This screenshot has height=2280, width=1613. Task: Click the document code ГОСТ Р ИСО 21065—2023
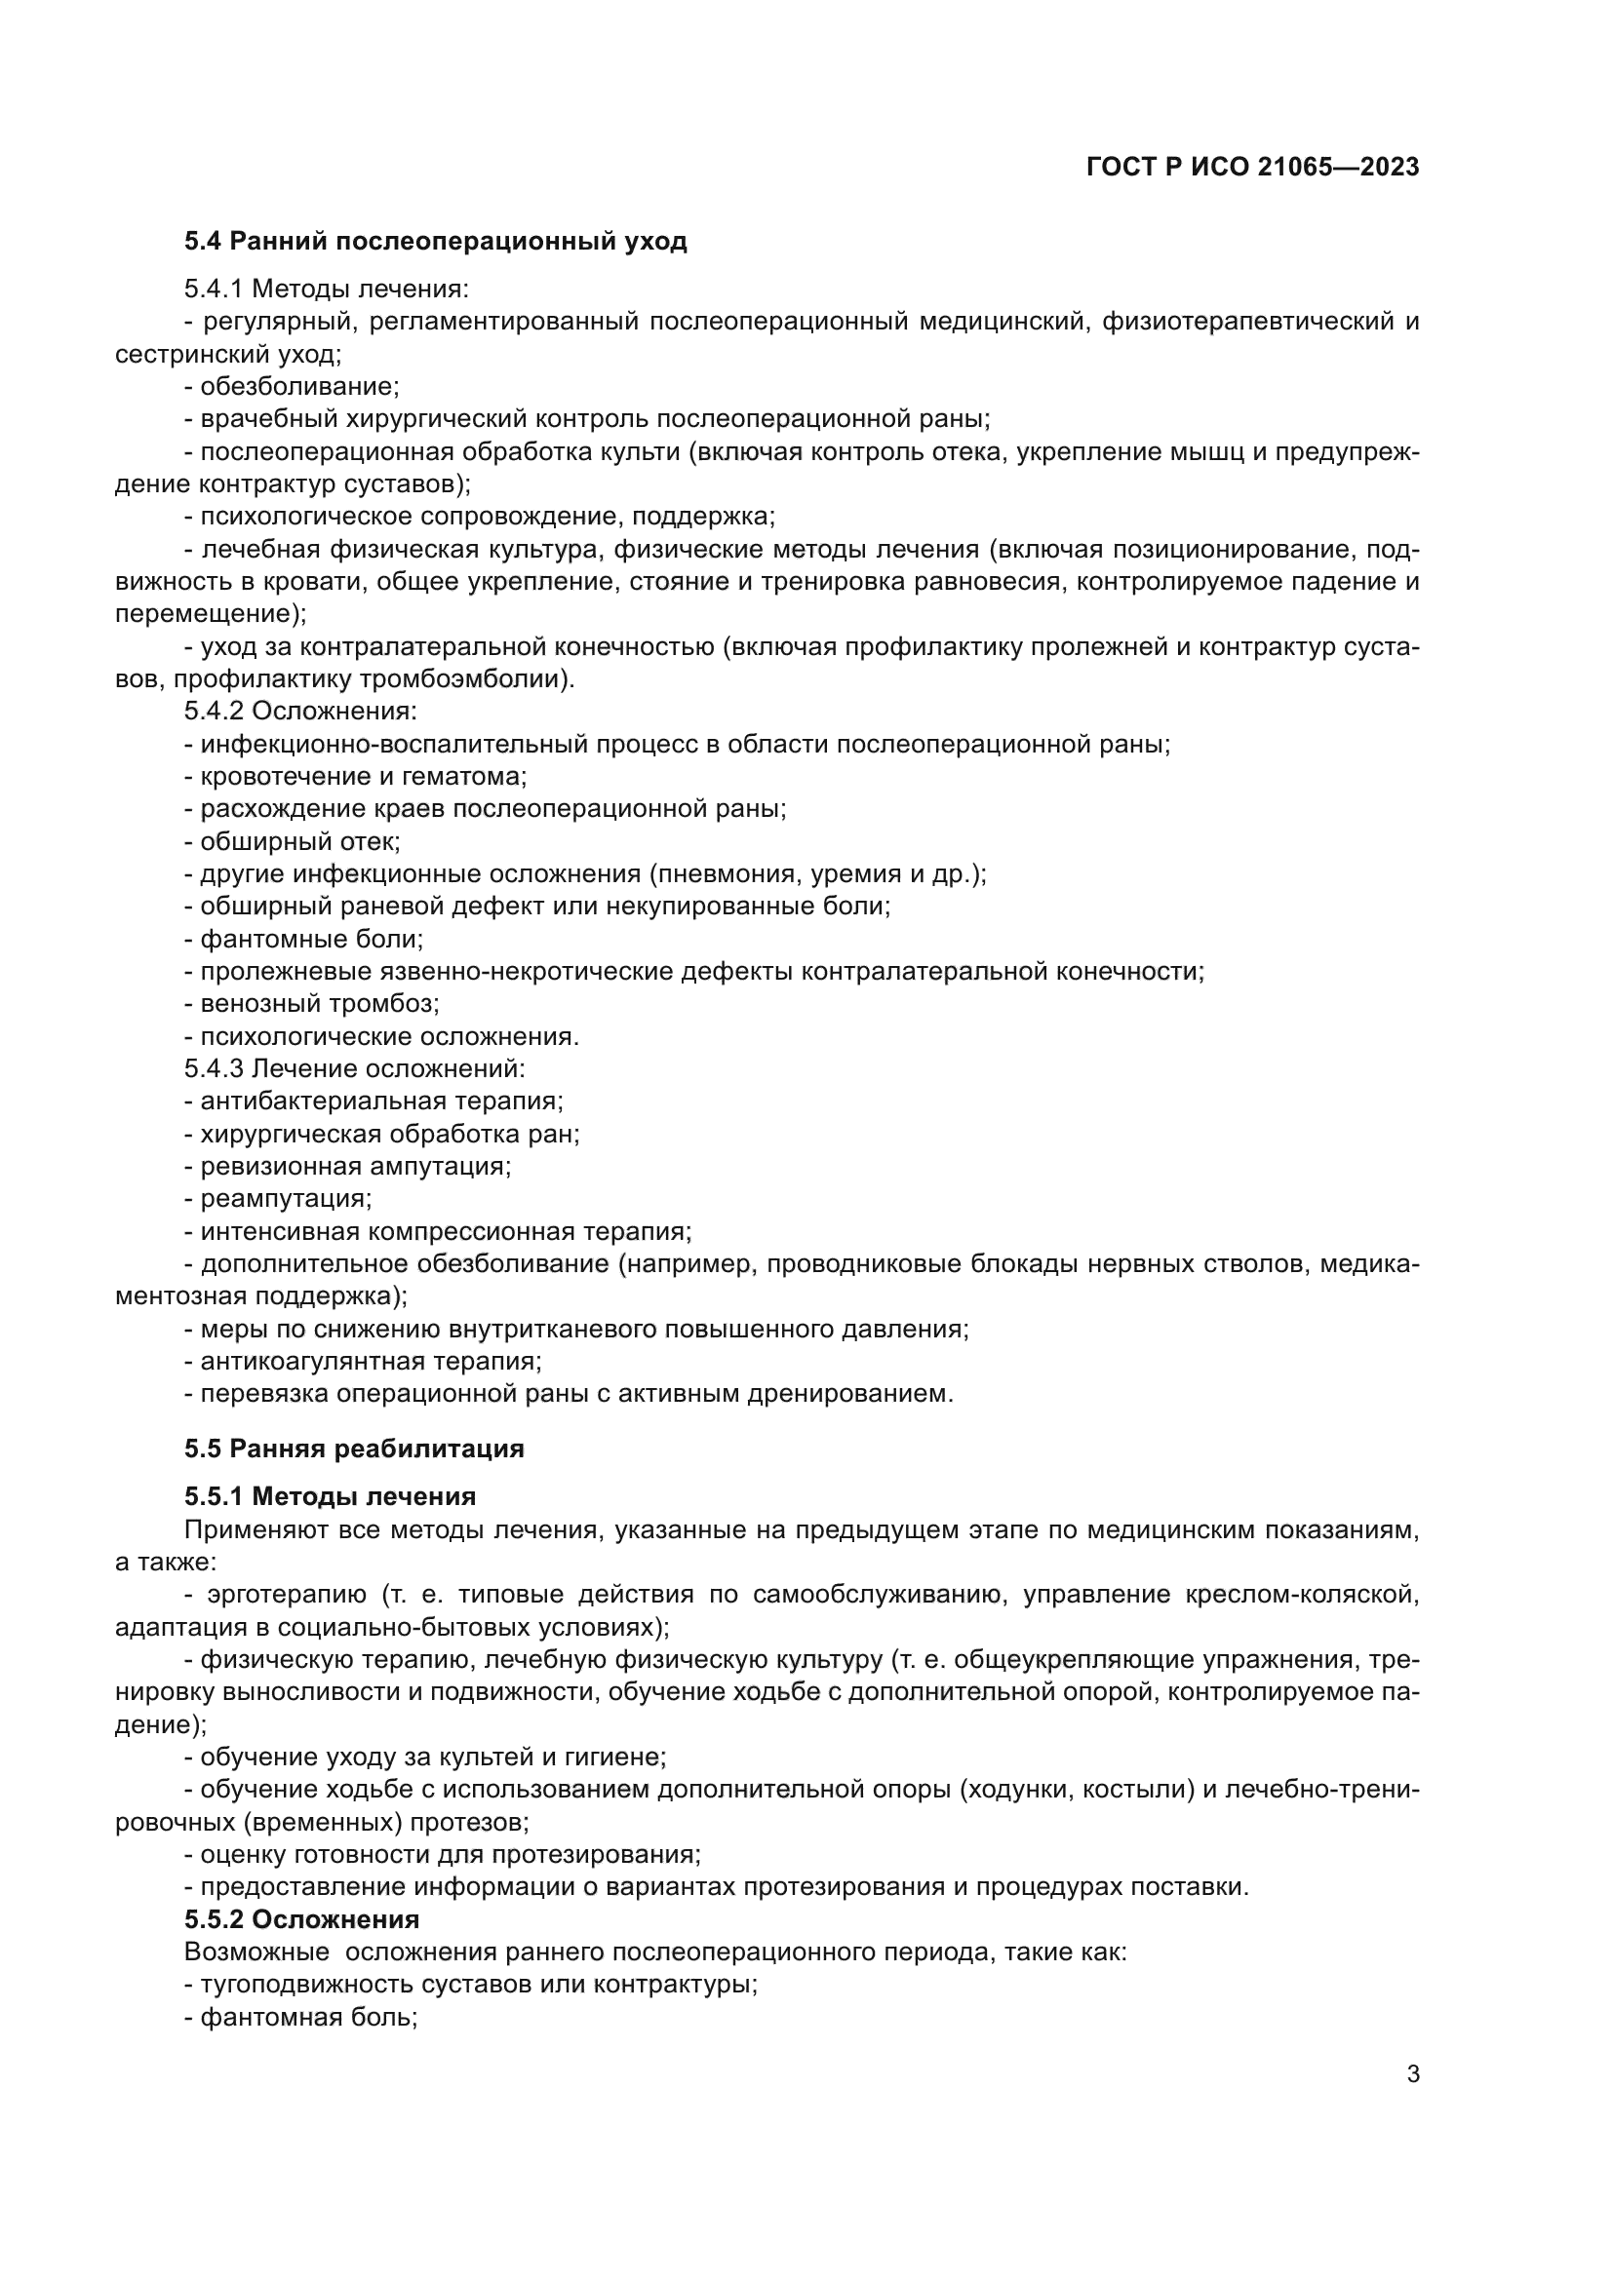1252,167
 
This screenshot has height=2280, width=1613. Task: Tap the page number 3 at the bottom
1412,2073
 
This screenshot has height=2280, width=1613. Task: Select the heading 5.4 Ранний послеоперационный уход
435,242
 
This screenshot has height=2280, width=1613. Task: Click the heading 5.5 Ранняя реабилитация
354,1449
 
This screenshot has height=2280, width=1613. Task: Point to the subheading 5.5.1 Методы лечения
330,1496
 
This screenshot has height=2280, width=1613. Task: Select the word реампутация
285,1199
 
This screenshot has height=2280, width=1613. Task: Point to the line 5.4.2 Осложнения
300,711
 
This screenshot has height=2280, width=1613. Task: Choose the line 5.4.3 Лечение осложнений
354,1068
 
